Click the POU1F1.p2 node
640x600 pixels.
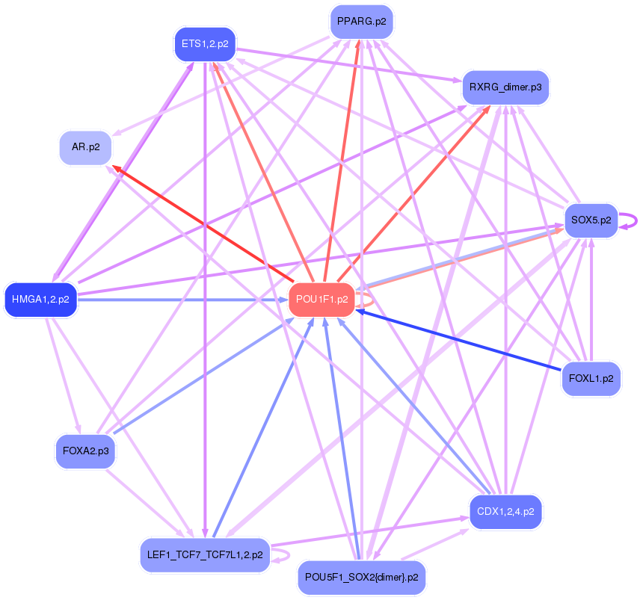pyautogui.click(x=321, y=300)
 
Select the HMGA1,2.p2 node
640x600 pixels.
pyautogui.click(x=41, y=300)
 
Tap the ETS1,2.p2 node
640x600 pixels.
pyautogui.click(x=205, y=44)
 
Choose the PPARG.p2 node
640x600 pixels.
pyautogui.click(x=362, y=22)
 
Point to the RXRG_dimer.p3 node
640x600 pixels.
pyautogui.click(x=505, y=87)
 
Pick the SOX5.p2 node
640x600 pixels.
pyautogui.click(x=591, y=220)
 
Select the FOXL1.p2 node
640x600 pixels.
pyautogui.click(x=591, y=378)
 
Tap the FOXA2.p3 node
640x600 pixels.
pyautogui.click(x=85, y=451)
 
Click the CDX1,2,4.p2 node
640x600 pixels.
pyautogui.click(x=505, y=512)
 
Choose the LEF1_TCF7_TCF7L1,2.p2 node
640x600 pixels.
pyautogui.click(x=204, y=555)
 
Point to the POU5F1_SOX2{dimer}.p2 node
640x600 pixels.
pyautogui.click(x=362, y=578)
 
